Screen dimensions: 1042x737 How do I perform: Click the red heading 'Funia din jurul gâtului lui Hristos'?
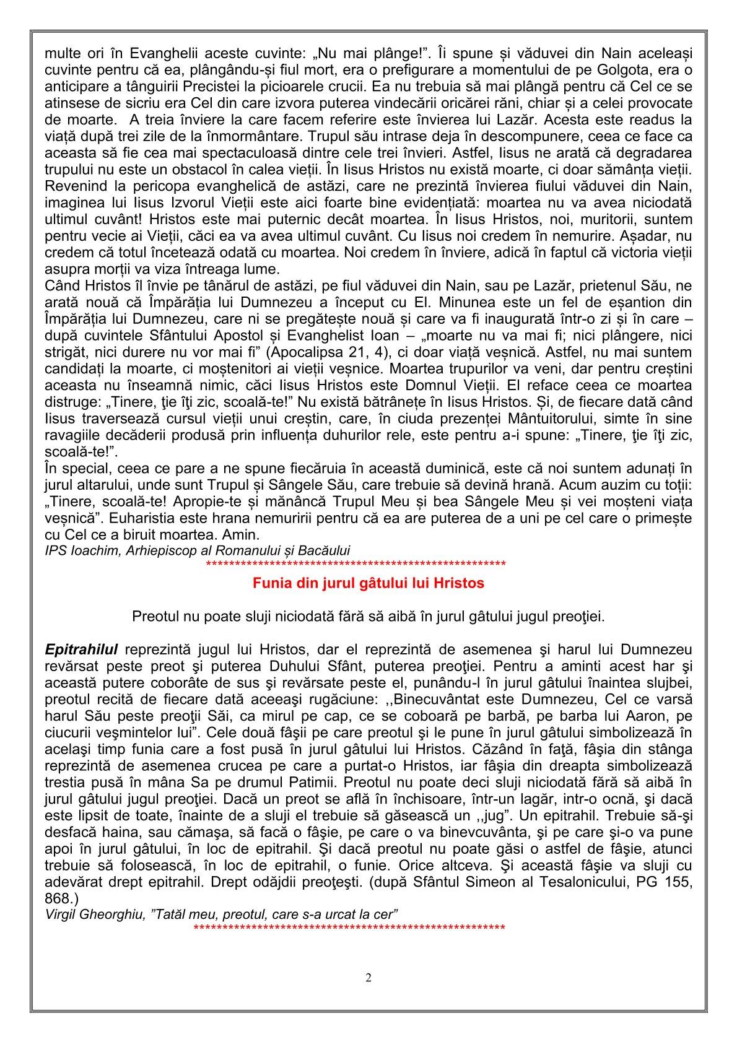(x=368, y=583)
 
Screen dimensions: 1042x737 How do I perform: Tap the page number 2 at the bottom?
(x=368, y=978)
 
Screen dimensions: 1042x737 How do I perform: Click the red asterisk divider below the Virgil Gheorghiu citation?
(x=349, y=929)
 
